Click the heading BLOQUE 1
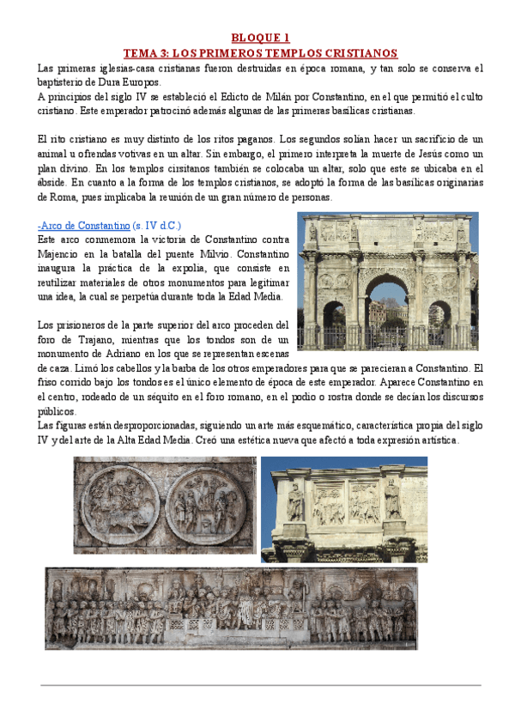coord(262,38)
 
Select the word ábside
coord(57,183)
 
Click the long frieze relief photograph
coord(232,607)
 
